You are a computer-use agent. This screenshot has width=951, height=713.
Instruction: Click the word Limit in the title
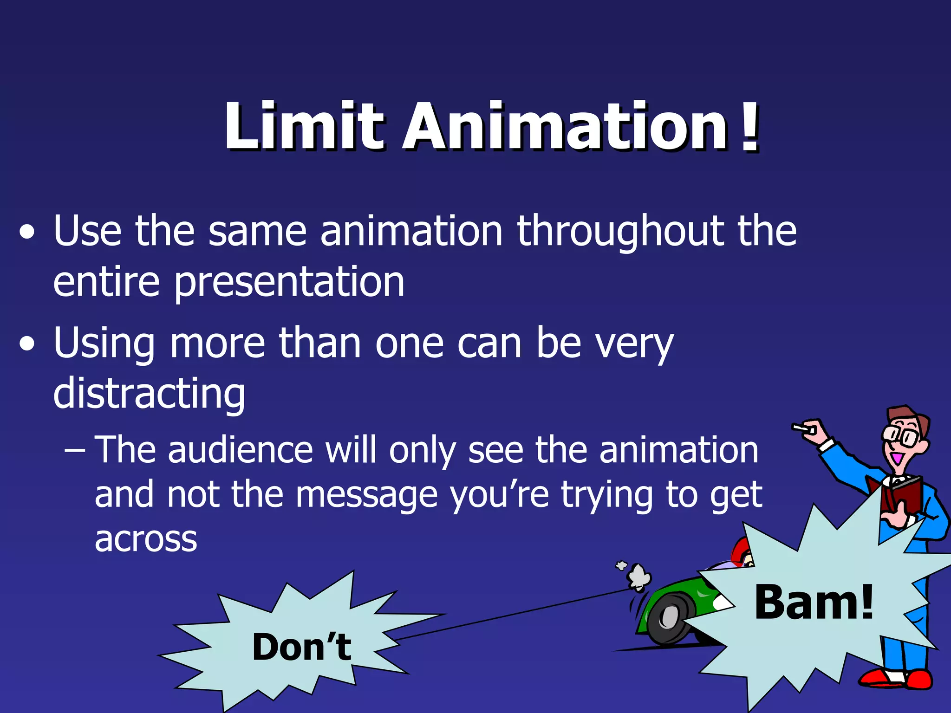304,126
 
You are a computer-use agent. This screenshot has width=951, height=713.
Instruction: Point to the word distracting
149,394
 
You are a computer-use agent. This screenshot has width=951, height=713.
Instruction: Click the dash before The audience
75,451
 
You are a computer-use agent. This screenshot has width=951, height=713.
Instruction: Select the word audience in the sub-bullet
241,450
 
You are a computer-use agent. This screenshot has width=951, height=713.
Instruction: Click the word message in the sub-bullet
367,495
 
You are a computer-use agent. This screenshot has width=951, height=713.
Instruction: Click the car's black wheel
669,618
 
